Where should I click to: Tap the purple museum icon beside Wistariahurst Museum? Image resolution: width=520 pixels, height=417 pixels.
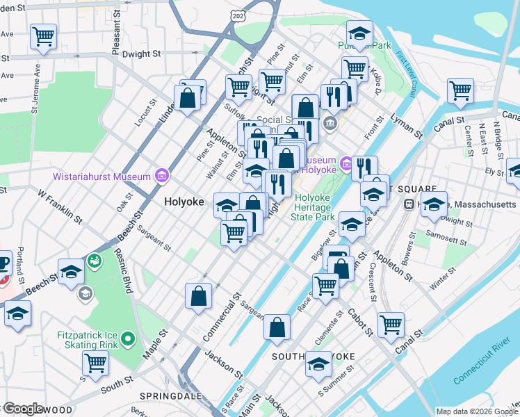[x=163, y=176]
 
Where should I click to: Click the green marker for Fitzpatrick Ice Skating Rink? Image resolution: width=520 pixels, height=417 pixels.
[x=127, y=340]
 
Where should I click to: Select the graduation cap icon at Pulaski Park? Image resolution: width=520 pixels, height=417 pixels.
[x=359, y=33]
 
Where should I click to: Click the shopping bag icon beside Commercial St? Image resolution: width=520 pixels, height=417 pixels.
[x=199, y=295]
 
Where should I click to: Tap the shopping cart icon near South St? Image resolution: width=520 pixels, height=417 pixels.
[x=95, y=363]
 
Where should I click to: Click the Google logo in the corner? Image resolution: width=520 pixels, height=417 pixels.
[x=22, y=409]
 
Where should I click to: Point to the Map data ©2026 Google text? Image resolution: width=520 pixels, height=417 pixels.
[x=476, y=411]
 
